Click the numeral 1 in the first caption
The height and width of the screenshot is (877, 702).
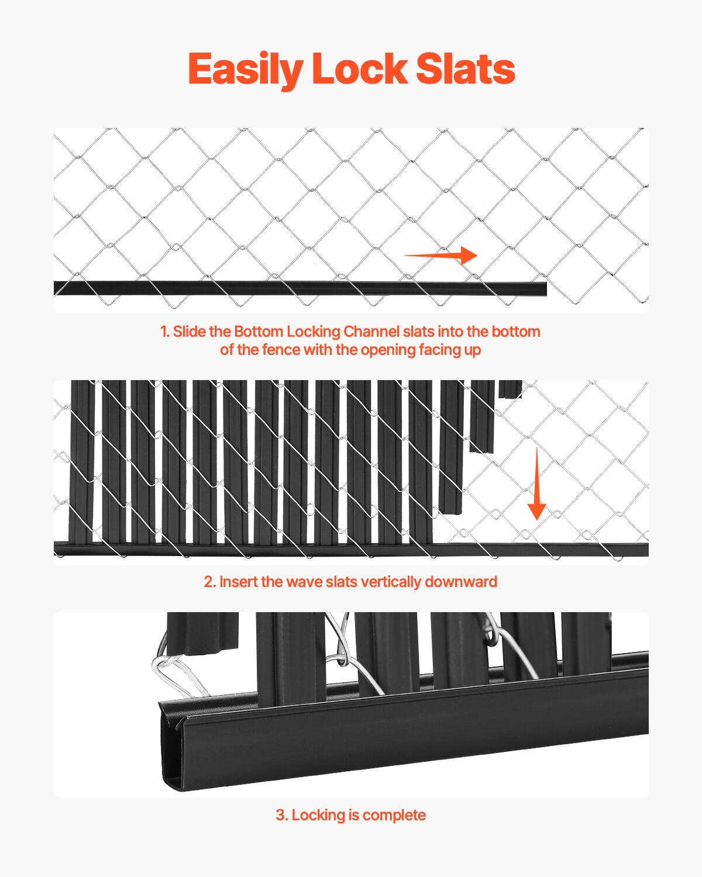pyautogui.click(x=164, y=332)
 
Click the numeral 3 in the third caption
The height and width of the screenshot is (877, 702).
pyautogui.click(x=281, y=815)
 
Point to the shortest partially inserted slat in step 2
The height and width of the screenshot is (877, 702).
pyautogui.click(x=510, y=389)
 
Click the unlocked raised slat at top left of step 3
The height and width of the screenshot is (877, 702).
pyautogui.click(x=202, y=631)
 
